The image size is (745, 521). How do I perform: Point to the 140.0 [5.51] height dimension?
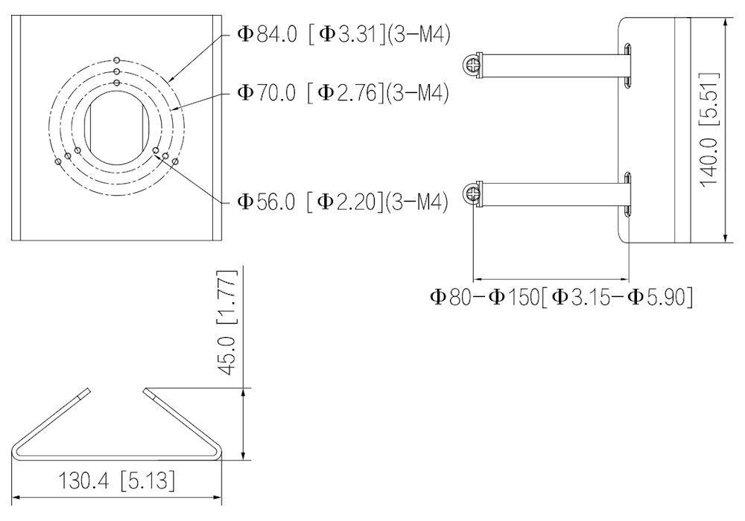[710, 130]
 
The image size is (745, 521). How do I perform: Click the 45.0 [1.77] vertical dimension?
[226, 323]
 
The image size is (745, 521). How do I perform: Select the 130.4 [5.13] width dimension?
[116, 481]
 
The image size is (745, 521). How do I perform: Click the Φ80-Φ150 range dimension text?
[561, 296]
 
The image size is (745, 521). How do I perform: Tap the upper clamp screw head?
[471, 65]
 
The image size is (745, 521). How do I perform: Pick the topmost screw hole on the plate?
[117, 60]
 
